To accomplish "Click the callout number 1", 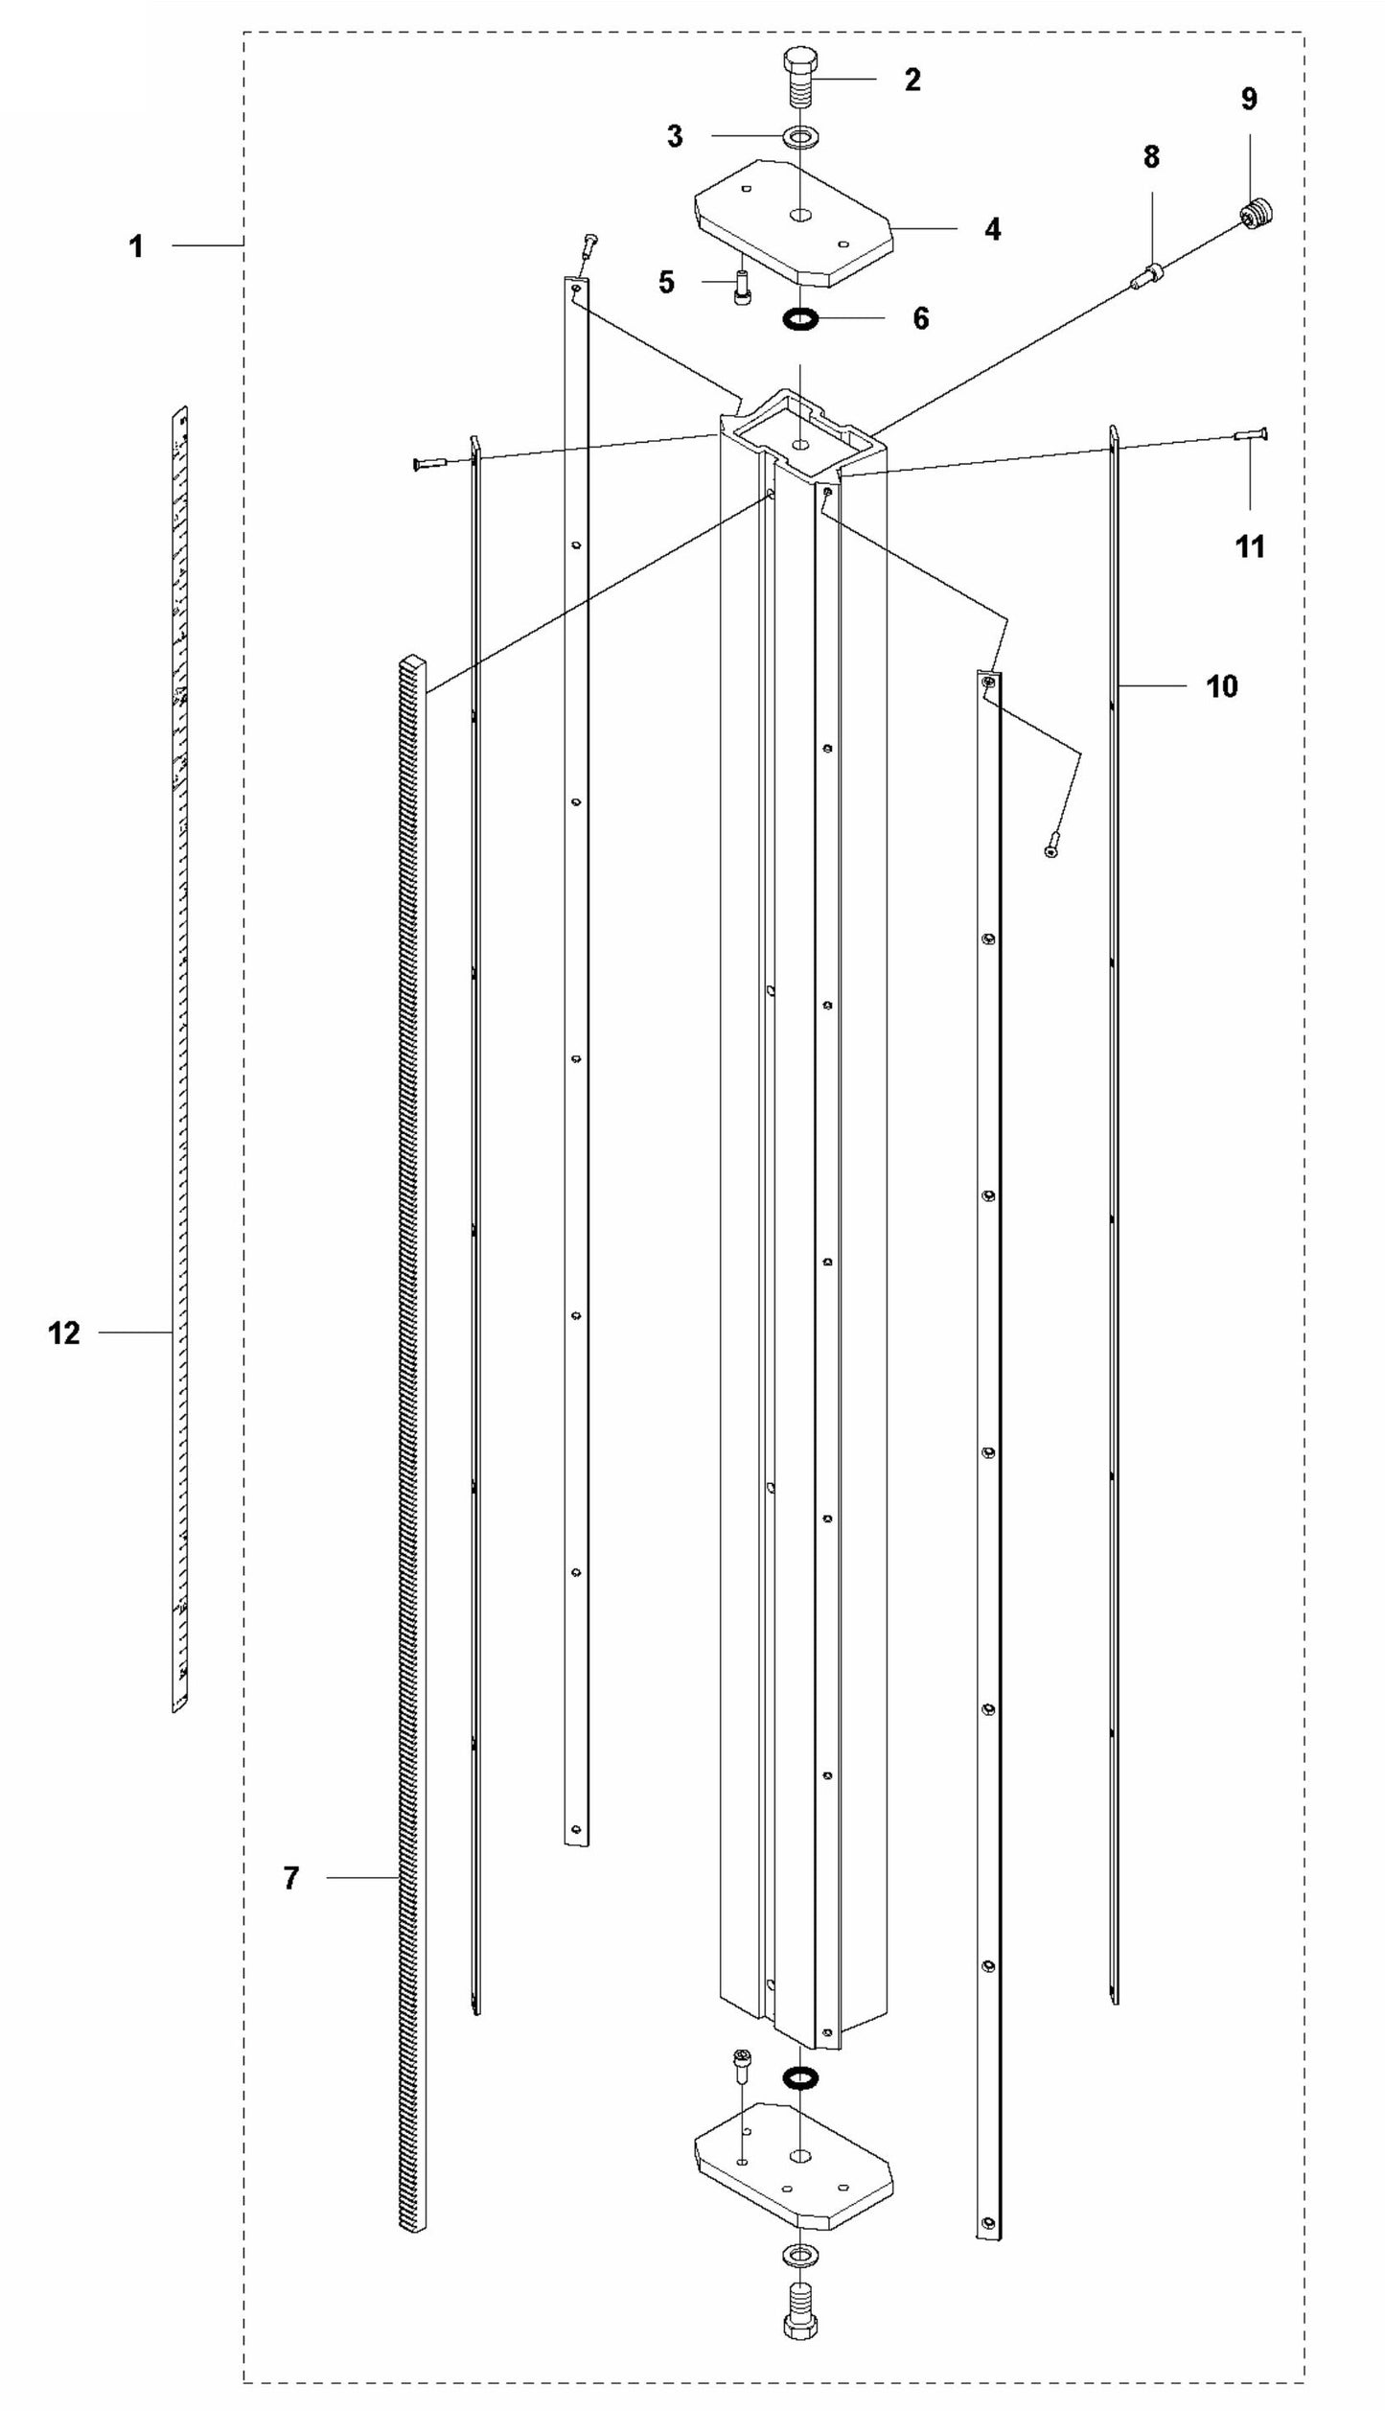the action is pyautogui.click(x=136, y=246).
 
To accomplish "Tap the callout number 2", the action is pyautogui.click(x=912, y=80).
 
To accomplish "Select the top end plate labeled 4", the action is pyautogui.click(x=795, y=222).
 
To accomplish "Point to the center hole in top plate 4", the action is pyautogui.click(x=800, y=214).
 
